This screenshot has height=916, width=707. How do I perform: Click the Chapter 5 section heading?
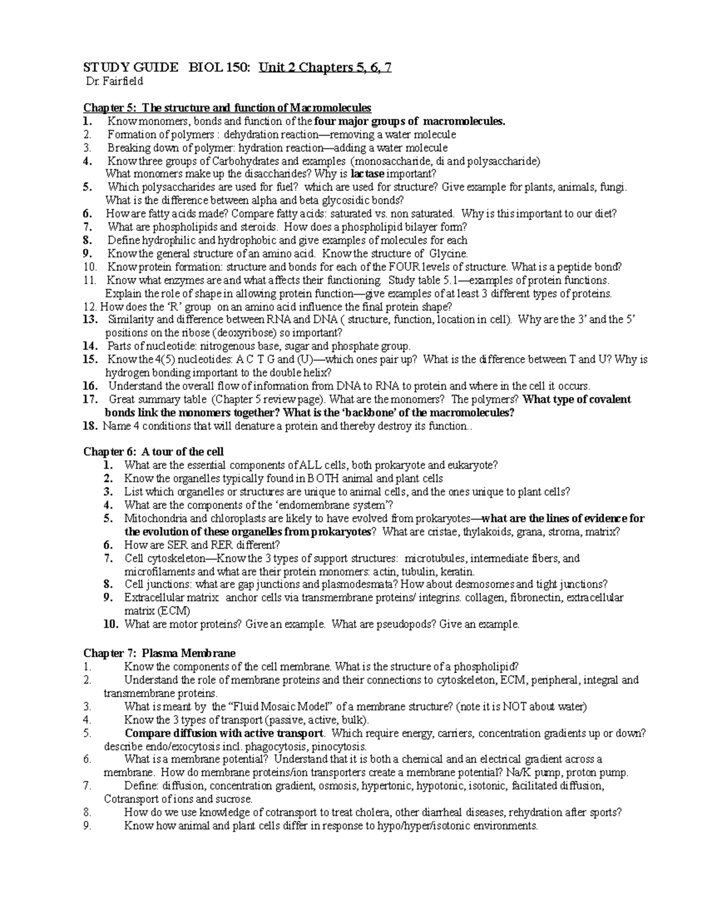[x=227, y=108]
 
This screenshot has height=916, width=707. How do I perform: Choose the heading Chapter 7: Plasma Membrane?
[x=159, y=653]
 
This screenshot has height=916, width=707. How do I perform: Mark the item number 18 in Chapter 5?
[x=90, y=426]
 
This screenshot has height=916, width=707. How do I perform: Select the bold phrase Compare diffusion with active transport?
[x=224, y=733]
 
